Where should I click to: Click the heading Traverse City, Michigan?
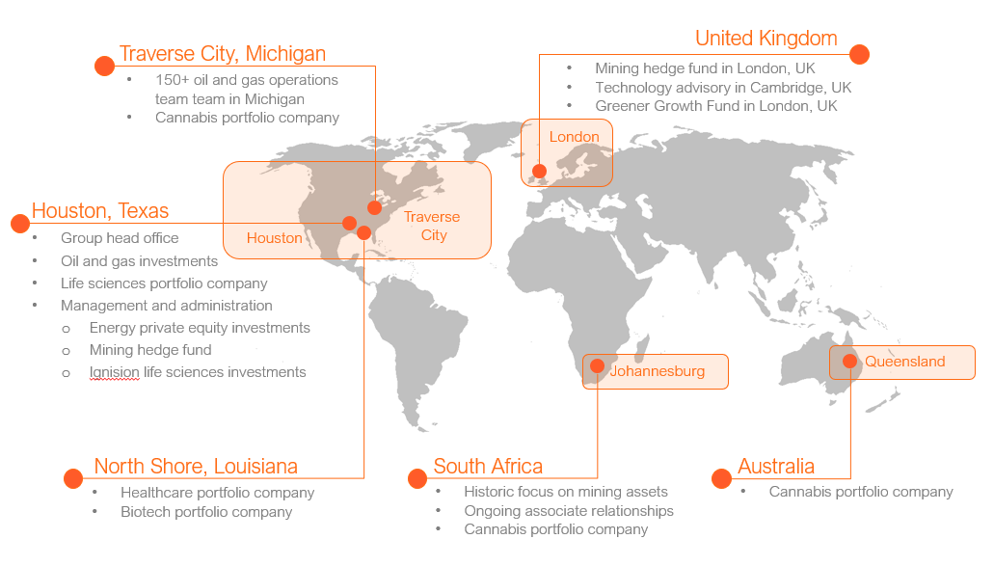tap(222, 54)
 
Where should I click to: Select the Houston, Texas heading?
tap(100, 211)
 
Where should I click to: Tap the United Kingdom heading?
tap(766, 39)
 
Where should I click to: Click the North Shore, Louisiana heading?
tap(196, 467)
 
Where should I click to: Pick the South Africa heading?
tap(488, 467)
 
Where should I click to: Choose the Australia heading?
tap(776, 467)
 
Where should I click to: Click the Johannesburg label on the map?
tap(657, 370)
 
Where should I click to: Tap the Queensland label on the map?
tap(904, 362)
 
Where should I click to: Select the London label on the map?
tap(574, 137)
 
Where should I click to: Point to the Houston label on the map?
tap(274, 238)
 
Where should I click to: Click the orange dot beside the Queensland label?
tap(849, 362)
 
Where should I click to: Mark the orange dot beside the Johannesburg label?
tap(597, 366)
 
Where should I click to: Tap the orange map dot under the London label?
tap(539, 172)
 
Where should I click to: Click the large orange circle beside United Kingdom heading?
tap(860, 54)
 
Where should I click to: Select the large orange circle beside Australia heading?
tap(721, 478)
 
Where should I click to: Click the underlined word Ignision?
tap(115, 372)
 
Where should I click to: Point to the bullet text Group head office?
tap(120, 238)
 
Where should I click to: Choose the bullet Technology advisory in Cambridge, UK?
tap(723, 88)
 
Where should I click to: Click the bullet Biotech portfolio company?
tap(206, 512)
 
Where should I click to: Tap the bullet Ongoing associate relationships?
tap(569, 511)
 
